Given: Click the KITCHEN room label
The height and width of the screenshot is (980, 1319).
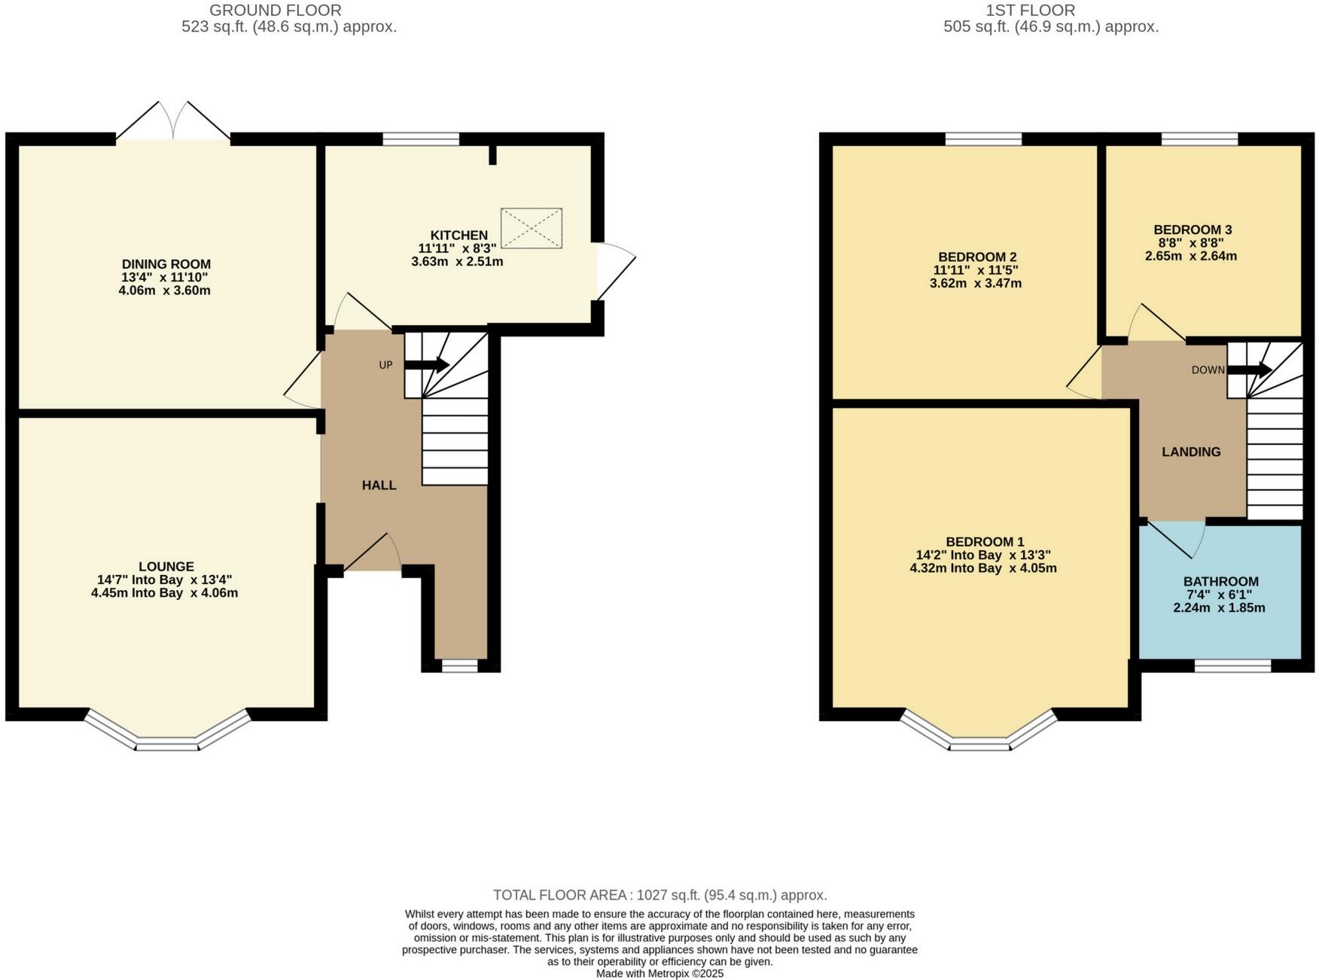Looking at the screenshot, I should coord(458,236).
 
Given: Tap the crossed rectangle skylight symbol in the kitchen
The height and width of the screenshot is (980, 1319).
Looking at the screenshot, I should coord(532,228).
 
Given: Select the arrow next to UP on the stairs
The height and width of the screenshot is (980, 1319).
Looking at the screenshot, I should coord(428,365).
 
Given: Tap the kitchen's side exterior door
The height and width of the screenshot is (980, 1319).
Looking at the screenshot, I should coord(616,271).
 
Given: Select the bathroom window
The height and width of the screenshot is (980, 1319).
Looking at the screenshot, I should coord(1232,665).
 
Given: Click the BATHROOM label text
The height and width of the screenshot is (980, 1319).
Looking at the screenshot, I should coord(1220,582).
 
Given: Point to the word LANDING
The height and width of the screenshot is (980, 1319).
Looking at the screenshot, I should coord(1191,452).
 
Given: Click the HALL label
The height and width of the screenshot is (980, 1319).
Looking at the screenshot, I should coord(379,485).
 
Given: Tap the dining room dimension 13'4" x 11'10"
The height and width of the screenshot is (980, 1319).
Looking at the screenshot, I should coord(166,277).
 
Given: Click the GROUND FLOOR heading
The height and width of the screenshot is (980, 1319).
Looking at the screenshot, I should coord(275,11).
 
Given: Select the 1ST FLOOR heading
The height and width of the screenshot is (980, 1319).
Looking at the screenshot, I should coord(1030,11).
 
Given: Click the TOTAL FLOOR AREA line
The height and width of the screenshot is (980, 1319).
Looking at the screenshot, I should coord(659,895).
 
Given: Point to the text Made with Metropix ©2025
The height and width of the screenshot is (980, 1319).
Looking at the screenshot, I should coord(659,973).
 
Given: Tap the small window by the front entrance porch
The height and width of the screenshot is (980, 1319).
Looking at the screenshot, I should coord(459,665).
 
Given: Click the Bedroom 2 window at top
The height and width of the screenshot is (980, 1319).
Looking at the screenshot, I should coord(983,138).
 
